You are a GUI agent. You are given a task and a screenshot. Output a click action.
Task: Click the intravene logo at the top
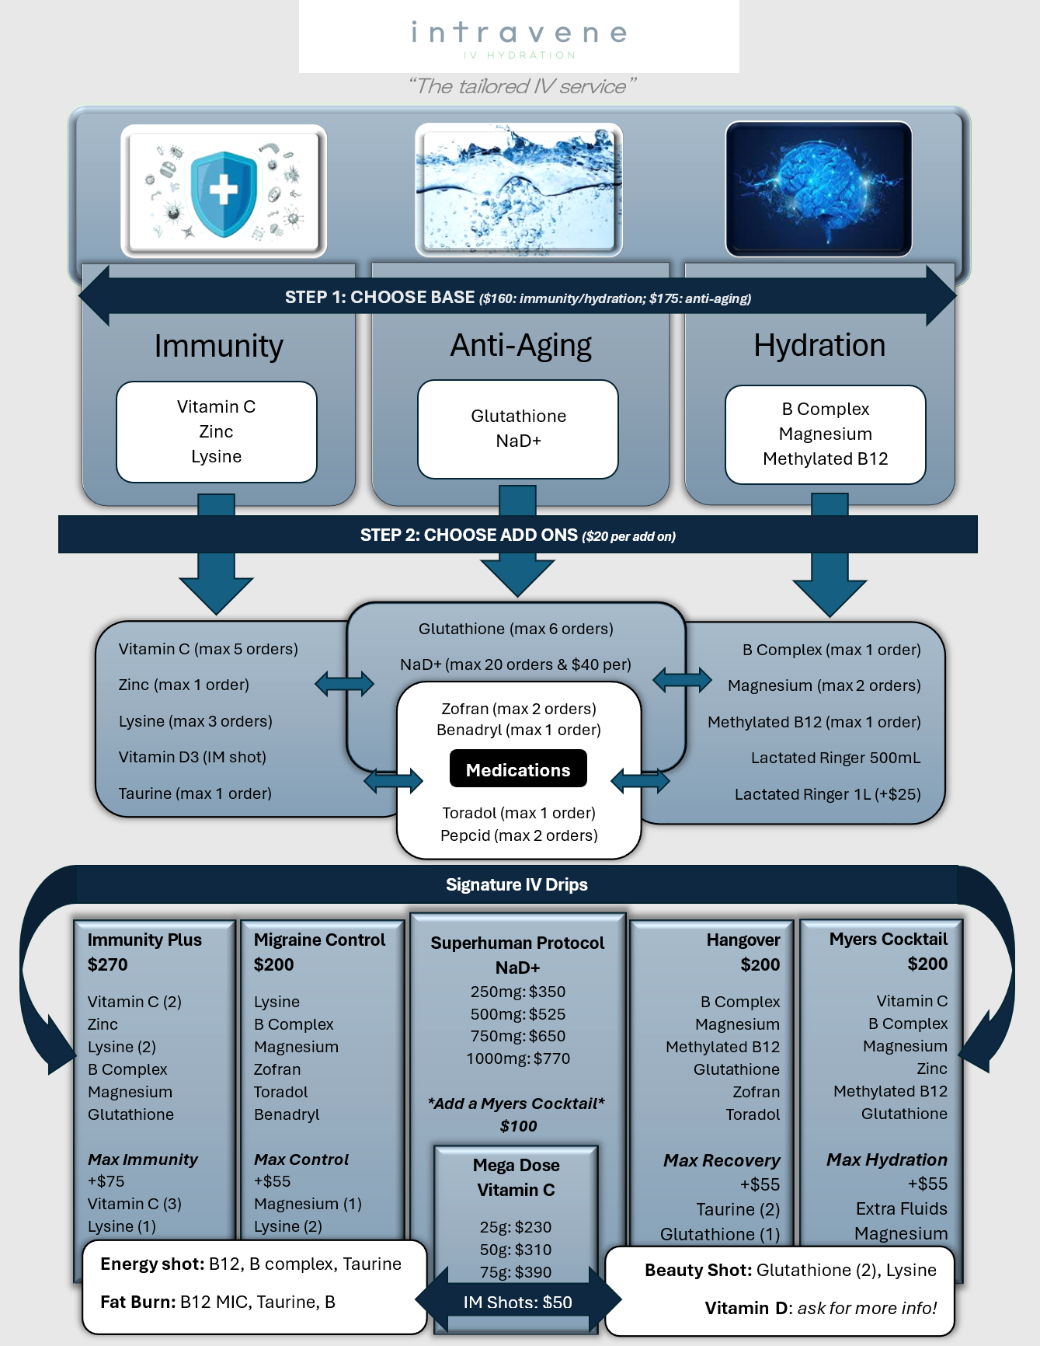[519, 37]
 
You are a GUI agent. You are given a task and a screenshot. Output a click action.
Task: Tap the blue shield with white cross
[224, 192]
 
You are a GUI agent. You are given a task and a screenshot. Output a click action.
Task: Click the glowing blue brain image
[819, 189]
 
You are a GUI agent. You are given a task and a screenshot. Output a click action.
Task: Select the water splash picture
[519, 190]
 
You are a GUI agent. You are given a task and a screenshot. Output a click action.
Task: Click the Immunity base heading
[218, 346]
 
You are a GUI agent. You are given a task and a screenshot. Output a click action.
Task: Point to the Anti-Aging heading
[520, 346]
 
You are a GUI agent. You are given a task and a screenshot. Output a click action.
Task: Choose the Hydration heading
[819, 345]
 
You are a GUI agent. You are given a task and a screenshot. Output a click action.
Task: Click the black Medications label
[518, 769]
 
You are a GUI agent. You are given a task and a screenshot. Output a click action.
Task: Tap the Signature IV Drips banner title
[517, 884]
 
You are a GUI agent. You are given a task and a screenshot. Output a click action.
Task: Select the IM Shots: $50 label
[517, 1302]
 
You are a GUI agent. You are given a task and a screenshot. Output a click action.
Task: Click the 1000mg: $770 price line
[518, 1058]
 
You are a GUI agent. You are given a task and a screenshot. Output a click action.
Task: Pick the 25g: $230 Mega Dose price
[516, 1227]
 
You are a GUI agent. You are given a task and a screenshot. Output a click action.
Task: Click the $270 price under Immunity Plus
[108, 964]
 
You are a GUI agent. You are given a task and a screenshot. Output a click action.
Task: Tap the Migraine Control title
[319, 940]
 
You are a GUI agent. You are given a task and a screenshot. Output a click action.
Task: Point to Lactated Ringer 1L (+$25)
[827, 794]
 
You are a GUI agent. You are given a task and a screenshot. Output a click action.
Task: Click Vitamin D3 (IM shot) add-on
[192, 757]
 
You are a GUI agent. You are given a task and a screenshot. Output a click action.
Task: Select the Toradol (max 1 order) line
[519, 813]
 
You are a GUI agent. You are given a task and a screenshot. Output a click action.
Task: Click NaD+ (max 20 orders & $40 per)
[516, 664]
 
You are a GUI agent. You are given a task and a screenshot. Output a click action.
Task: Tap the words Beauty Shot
[697, 1270]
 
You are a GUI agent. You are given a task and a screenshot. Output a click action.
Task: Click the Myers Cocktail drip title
[888, 939]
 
